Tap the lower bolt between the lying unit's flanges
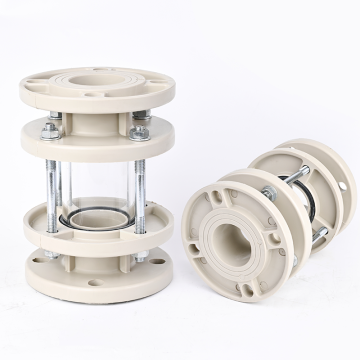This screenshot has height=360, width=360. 320,237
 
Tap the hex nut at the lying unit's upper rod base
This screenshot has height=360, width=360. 269,192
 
